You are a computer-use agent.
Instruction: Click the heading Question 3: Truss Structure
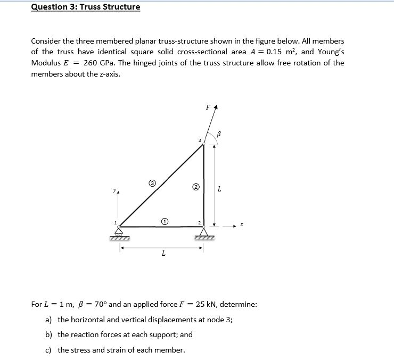(86, 7)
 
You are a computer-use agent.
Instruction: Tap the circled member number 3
(152, 185)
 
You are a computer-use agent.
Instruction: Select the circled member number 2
(196, 187)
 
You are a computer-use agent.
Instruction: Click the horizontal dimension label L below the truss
(163, 254)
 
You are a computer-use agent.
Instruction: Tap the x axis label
(241, 225)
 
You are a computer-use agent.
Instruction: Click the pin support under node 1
(119, 232)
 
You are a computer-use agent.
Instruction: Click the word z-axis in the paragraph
(109, 74)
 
